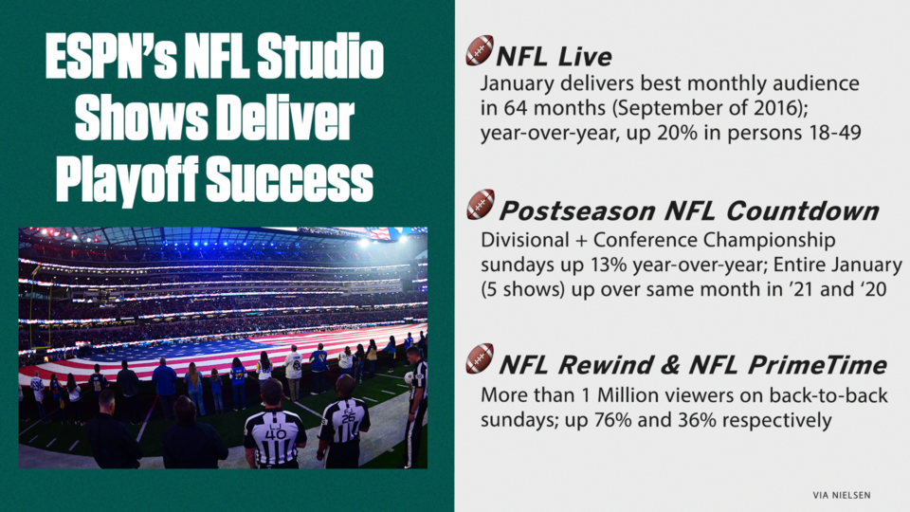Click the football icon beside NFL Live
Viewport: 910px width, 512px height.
point(480,50)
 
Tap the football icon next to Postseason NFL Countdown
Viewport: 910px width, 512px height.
point(481,205)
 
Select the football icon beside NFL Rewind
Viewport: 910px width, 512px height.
point(480,358)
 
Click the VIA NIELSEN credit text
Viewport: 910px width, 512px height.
point(842,495)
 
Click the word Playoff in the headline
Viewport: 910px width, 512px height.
point(126,179)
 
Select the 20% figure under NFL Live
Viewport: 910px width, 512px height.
point(677,133)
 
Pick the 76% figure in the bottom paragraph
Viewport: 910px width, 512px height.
point(613,420)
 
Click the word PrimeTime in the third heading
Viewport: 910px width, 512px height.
point(816,365)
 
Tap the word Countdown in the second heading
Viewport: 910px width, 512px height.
point(802,210)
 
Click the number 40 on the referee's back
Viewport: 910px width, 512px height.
point(275,432)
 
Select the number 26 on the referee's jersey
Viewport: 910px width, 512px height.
point(348,417)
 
